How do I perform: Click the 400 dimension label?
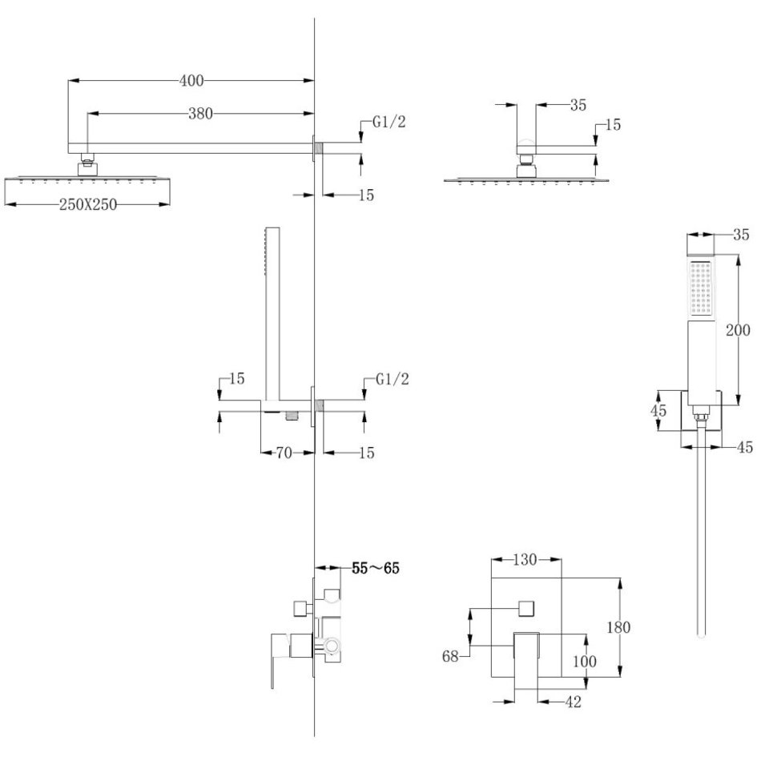tap(192, 80)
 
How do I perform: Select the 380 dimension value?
tap(200, 114)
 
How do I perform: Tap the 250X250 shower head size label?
tap(88, 204)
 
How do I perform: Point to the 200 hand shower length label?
tap(737, 329)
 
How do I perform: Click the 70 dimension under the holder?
tap(283, 453)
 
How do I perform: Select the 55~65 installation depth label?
tap(375, 569)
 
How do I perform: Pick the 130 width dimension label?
tap(525, 560)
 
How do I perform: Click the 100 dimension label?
tap(586, 662)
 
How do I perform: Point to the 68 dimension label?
tap(452, 656)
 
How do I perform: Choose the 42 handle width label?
tap(572, 703)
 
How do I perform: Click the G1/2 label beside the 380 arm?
tap(391, 123)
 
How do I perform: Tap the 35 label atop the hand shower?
tap(741, 235)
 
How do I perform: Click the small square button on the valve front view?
tap(526, 608)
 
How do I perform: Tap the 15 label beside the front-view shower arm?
tap(613, 125)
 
